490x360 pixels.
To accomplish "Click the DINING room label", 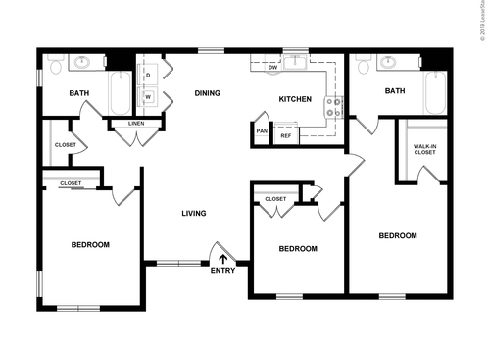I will [207, 93].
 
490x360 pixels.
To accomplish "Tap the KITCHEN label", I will [295, 99].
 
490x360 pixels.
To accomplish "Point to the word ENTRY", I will [222, 271].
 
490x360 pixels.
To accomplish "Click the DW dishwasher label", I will [273, 68].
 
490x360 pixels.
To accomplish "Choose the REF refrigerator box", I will [285, 135].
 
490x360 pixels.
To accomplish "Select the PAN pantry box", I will [262, 131].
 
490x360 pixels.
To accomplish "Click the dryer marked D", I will [148, 75].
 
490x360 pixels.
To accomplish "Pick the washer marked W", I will [148, 97].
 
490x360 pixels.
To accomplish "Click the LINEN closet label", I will [135, 124].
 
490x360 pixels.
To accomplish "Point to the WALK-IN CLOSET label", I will [424, 149].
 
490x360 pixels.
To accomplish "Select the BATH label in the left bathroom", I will [79, 94].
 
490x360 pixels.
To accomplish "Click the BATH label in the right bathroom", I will [395, 91].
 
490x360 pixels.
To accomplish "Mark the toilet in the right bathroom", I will [364, 65].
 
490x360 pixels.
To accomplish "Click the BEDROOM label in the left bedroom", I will [89, 244].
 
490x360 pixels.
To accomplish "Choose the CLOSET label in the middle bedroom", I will [275, 199].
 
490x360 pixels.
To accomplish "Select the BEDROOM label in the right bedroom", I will [398, 235].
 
